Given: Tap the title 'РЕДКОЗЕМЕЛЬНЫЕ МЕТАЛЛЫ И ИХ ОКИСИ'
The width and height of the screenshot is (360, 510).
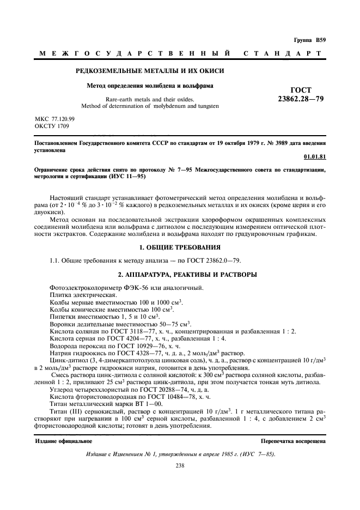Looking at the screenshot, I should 149,71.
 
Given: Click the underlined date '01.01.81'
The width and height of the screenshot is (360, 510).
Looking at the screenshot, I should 315,157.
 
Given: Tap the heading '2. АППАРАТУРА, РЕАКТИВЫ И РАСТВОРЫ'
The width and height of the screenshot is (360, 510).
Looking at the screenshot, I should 180,274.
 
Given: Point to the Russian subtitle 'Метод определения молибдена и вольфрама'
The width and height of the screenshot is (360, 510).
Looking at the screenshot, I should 150,86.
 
